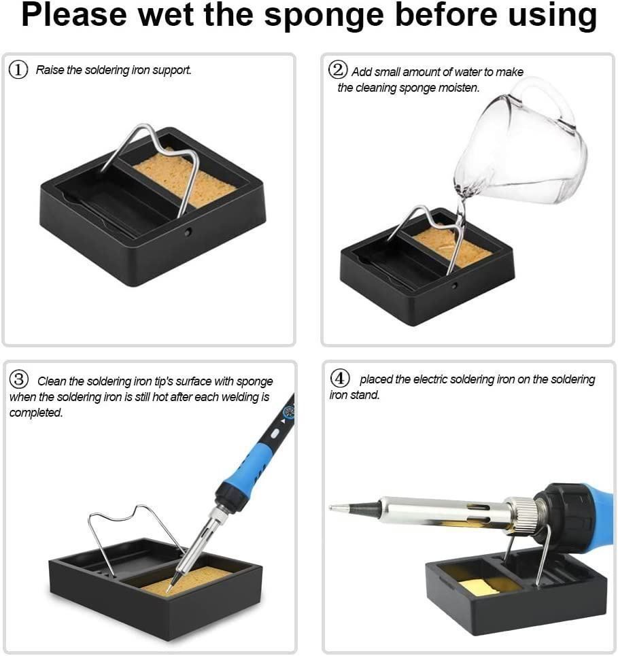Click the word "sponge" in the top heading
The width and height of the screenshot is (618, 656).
(324, 16)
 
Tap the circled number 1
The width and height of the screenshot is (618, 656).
(18, 70)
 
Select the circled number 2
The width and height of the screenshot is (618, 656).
(338, 69)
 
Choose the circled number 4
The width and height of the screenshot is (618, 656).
(340, 378)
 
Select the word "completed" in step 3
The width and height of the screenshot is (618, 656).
(35, 413)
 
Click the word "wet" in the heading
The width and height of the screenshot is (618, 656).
(166, 15)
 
